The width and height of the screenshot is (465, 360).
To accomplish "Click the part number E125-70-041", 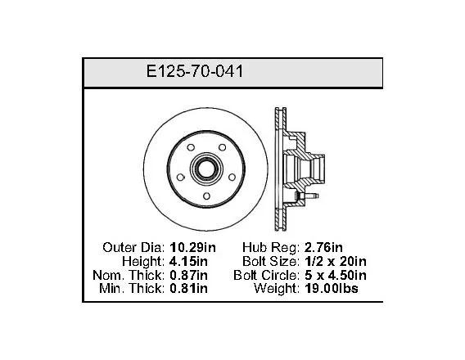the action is click(x=195, y=71).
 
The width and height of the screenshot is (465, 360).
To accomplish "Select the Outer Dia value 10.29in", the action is click(x=192, y=247).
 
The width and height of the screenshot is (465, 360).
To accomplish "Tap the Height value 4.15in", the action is click(x=188, y=261).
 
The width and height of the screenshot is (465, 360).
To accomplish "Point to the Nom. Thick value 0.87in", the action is click(x=188, y=275).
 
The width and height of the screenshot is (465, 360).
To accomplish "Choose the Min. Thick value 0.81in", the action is click(x=188, y=288).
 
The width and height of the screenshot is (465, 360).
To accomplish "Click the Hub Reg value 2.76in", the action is click(x=323, y=247).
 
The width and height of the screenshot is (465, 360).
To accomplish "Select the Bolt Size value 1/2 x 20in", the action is click(x=336, y=261).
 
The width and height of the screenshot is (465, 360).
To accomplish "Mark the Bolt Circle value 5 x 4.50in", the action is click(x=336, y=275).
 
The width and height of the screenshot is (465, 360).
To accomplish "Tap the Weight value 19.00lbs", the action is click(x=332, y=288).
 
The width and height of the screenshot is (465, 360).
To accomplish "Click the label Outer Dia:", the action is click(x=133, y=247).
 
